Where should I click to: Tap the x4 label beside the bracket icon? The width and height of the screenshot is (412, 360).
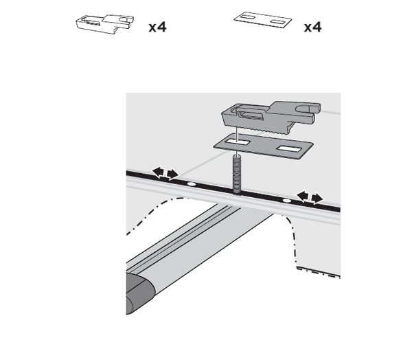(x=157, y=27)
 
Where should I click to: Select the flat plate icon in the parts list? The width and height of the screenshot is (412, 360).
(x=260, y=19)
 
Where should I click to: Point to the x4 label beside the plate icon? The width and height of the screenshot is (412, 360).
(x=312, y=27)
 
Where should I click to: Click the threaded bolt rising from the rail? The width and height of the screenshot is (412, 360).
(x=237, y=177)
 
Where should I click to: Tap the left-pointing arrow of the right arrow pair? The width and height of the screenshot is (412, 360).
(x=302, y=196)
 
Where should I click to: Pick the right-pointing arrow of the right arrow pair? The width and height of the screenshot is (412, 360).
(x=316, y=198)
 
